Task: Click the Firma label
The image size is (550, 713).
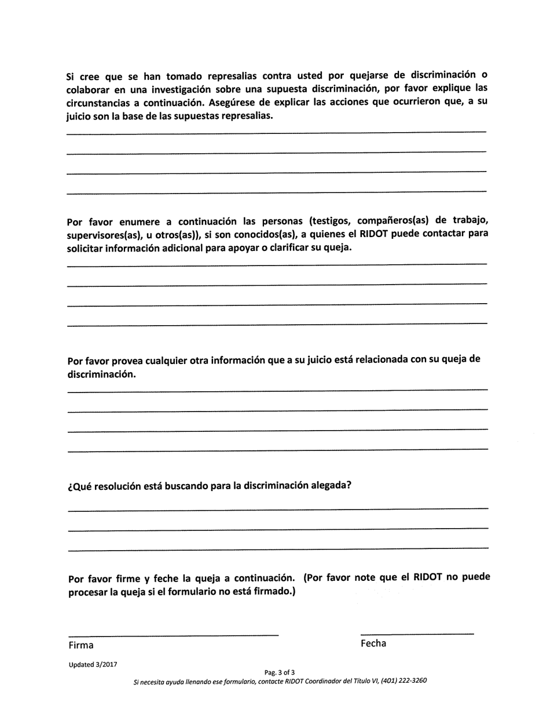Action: (x=80, y=645)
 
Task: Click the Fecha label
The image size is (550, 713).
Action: (x=373, y=643)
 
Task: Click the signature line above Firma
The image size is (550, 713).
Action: (x=173, y=636)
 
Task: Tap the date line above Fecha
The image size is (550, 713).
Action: (x=417, y=634)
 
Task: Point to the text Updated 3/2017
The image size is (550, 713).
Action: (x=93, y=665)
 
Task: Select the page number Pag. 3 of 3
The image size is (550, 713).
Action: (x=280, y=672)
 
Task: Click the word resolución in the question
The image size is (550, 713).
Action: (x=125, y=486)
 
